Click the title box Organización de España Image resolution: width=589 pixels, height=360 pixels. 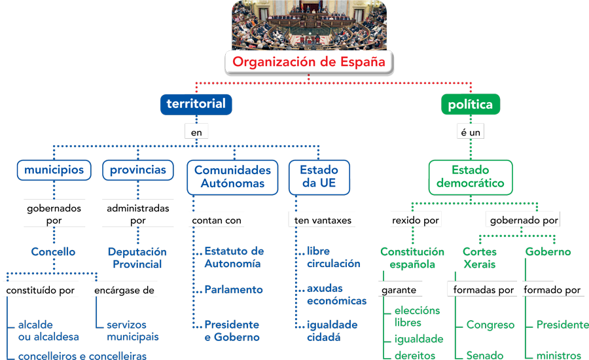[x=310, y=62]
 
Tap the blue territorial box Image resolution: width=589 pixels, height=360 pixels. [x=196, y=104]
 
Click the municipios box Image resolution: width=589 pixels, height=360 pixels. [x=54, y=170]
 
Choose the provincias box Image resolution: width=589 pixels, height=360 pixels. [x=138, y=170]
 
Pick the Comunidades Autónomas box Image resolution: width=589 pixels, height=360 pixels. [x=232, y=177]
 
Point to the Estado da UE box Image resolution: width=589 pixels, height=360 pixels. [x=319, y=177]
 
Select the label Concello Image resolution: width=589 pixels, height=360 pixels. [x=53, y=252]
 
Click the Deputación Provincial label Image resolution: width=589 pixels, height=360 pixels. [x=137, y=258]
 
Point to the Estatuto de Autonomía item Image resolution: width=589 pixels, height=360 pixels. [x=234, y=257]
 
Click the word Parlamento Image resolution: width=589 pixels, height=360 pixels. [x=233, y=289]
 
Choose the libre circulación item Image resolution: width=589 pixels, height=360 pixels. [x=333, y=257]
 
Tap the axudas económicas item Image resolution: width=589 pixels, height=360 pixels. [x=336, y=295]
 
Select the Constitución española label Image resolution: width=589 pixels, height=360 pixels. [x=412, y=258]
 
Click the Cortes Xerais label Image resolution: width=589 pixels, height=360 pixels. [x=480, y=258]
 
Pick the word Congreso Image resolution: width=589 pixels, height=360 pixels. [x=490, y=325]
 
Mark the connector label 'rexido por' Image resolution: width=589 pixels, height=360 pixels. [x=416, y=221]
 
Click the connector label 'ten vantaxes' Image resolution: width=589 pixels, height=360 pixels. [x=323, y=221]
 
